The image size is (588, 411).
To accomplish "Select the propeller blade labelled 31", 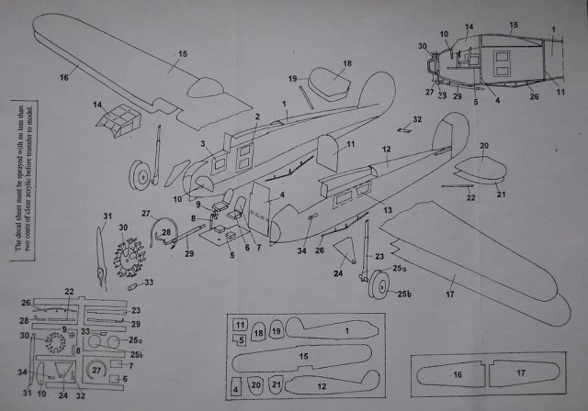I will click(x=98, y=249).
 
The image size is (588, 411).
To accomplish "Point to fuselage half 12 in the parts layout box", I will click(x=322, y=385).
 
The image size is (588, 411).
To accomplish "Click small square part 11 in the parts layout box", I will click(x=239, y=325).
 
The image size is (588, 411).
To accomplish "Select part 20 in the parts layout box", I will click(x=255, y=384).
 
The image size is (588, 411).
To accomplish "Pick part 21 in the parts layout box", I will click(x=276, y=384).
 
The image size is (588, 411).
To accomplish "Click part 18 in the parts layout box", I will click(x=258, y=331).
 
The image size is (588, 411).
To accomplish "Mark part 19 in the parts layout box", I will click(x=276, y=331).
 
